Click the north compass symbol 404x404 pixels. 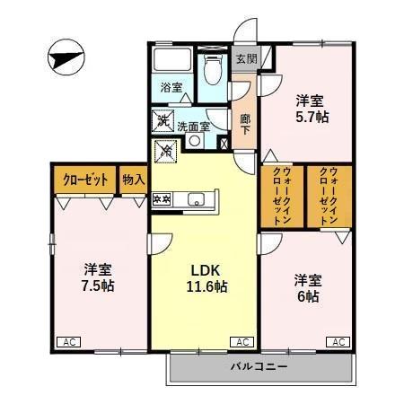click(66, 57)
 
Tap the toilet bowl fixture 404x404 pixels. click(213, 69)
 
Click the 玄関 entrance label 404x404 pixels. click(247, 59)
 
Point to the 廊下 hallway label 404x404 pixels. click(245, 124)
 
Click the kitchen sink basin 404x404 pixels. click(196, 199)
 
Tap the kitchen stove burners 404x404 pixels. click(162, 199)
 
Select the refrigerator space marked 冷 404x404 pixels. click(165, 151)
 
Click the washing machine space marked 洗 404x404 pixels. click(163, 121)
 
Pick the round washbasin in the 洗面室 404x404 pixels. click(195, 141)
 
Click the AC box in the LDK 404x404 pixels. click(242, 342)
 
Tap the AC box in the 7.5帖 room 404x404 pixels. click(69, 342)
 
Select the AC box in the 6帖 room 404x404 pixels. click(338, 342)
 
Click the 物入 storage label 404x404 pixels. click(133, 180)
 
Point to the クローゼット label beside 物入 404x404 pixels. click(85, 180)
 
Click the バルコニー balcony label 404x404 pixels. click(259, 366)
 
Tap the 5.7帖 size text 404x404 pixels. click(312, 117)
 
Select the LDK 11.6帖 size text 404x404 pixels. click(206, 286)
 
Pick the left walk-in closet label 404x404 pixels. click(282, 197)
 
